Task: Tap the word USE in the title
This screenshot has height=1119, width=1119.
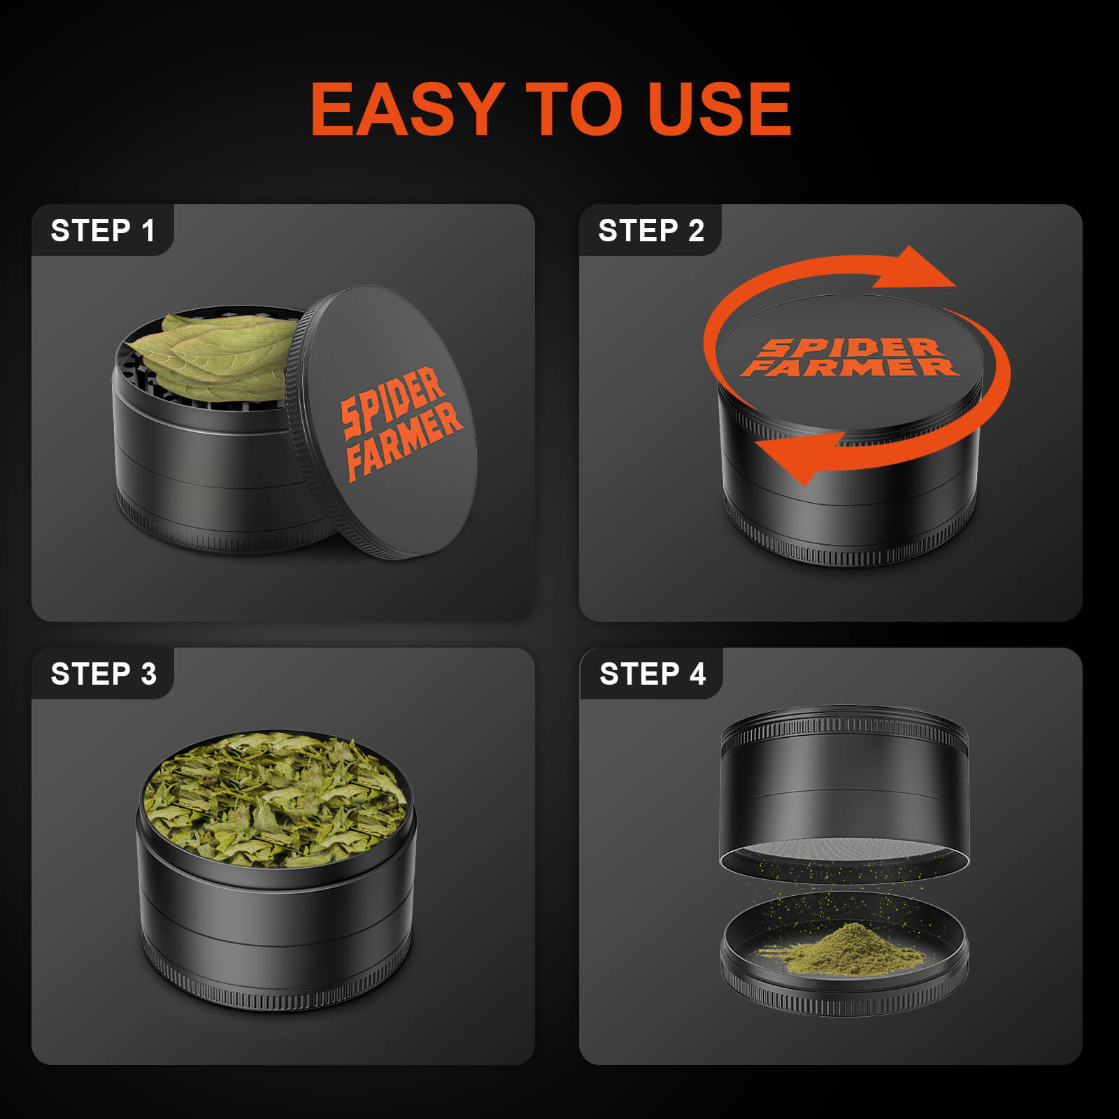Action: pyautogui.click(x=720, y=109)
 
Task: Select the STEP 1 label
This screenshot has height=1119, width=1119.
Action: pyautogui.click(x=103, y=231)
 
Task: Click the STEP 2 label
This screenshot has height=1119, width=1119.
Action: pyautogui.click(x=651, y=231)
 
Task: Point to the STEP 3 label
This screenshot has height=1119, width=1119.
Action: pyautogui.click(x=104, y=674)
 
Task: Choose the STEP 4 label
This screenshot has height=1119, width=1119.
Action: pyautogui.click(x=653, y=674)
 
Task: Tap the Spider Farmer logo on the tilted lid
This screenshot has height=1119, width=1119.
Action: pyautogui.click(x=401, y=423)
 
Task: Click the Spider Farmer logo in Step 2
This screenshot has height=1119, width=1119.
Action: pyautogui.click(x=850, y=357)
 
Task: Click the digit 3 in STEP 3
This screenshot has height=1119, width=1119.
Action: pyautogui.click(x=148, y=674)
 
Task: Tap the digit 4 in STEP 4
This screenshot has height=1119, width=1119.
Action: pyautogui.click(x=697, y=674)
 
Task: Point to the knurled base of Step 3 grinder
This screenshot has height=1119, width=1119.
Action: pyautogui.click(x=276, y=986)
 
